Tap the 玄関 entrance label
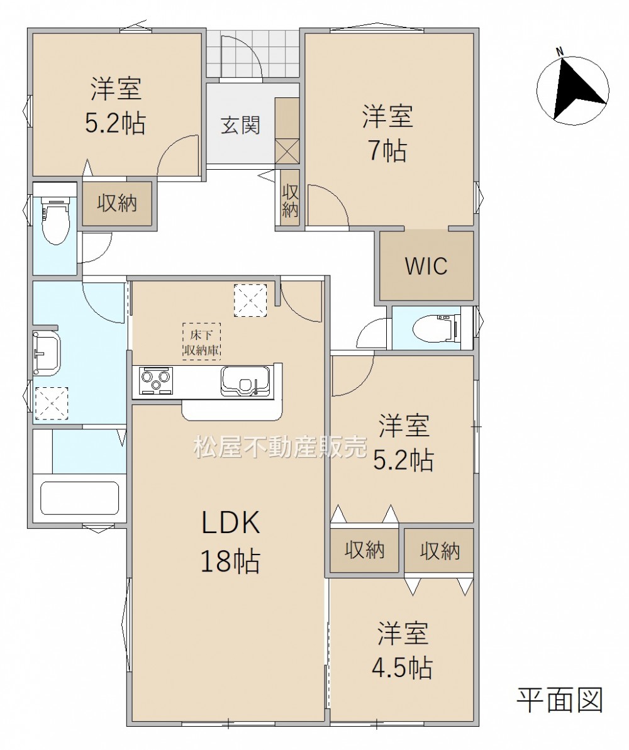tap(240, 125)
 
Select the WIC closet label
tap(426, 266)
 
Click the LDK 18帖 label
tap(230, 541)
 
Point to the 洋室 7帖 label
tap(387, 133)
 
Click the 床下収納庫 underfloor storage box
tap(201, 341)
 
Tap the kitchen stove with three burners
tap(156, 380)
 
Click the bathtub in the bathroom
tap(79, 498)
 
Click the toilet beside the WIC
tap(436, 328)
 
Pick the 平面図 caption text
tap(559, 700)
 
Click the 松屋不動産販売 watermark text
tap(280, 447)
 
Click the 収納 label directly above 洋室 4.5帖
tap(440, 551)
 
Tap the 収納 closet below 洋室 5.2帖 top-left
tap(117, 204)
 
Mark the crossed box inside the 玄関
tap(287, 151)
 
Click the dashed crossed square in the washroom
tap(51, 403)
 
